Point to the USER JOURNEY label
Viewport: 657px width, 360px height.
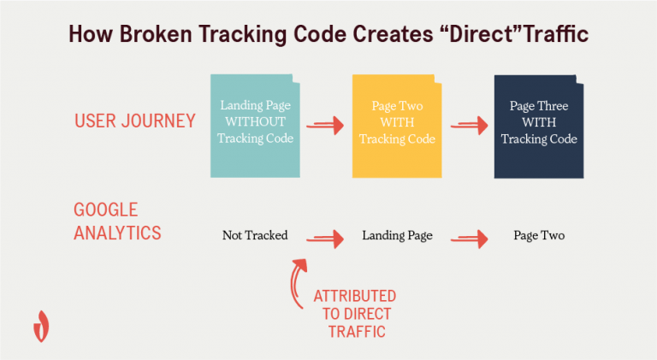click(134, 121)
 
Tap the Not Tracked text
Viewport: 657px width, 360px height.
click(255, 235)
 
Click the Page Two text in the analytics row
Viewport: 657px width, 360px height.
click(539, 235)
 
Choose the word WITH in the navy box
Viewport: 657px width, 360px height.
click(539, 122)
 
